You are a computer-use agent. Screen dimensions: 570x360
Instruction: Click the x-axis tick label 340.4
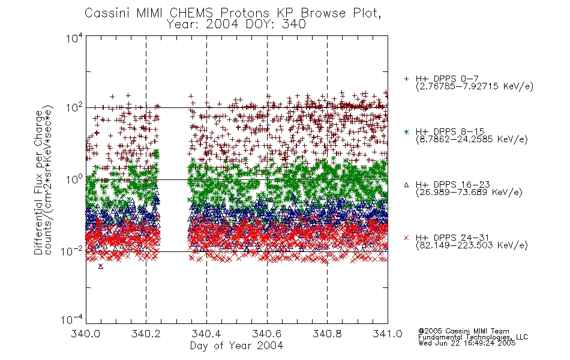[x=206, y=334]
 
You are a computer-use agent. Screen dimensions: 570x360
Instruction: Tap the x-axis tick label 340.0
[x=86, y=334]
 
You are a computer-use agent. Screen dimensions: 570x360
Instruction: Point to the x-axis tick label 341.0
[x=388, y=334]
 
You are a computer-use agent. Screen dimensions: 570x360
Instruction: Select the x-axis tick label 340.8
[x=327, y=334]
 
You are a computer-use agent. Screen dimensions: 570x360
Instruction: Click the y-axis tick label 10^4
[x=74, y=38]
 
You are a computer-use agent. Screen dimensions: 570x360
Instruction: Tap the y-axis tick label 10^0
[x=74, y=179]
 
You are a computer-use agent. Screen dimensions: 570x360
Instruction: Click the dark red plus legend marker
[x=406, y=79]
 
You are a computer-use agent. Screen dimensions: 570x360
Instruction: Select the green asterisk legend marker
[x=406, y=131]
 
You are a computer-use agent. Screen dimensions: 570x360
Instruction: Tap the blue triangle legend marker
[x=406, y=185]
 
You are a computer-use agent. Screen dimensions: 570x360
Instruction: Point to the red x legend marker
[x=406, y=238]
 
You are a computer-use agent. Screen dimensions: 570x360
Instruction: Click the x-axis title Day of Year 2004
[x=236, y=346]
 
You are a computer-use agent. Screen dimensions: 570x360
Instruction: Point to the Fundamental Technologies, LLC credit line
[x=473, y=337]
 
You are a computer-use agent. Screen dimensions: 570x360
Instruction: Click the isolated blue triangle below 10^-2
[x=101, y=266]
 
